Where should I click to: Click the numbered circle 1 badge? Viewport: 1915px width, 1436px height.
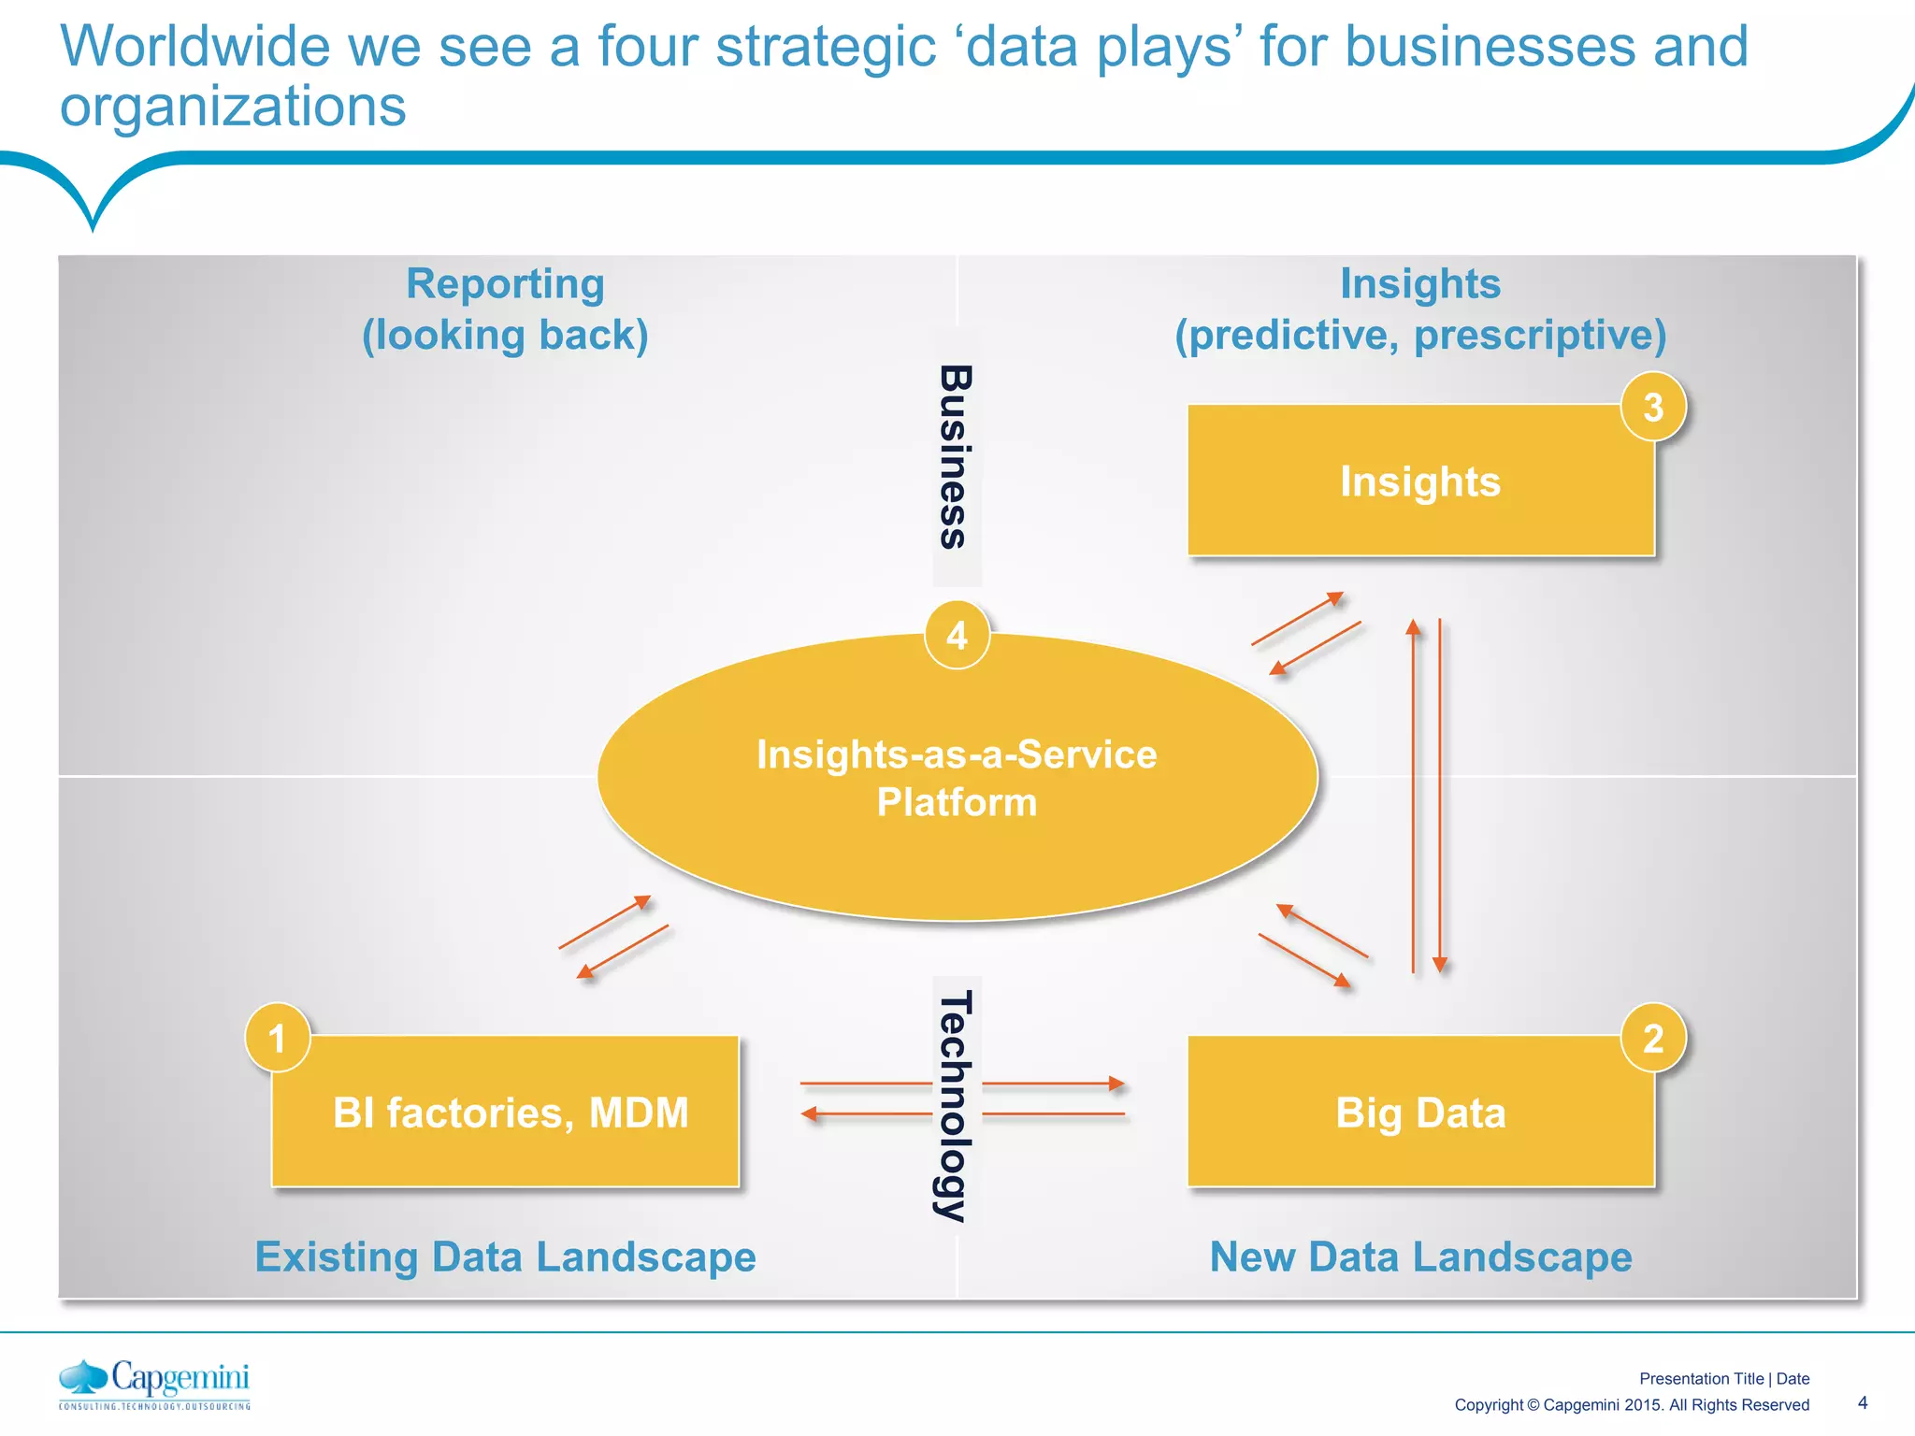[277, 1039]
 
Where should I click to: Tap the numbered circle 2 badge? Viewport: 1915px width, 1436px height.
[1653, 1039]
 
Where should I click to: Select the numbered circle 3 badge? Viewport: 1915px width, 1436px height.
[1653, 407]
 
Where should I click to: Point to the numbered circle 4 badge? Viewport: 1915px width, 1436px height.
[957, 636]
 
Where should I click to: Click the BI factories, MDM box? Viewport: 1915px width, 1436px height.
[510, 1113]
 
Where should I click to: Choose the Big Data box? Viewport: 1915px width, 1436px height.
[1420, 1113]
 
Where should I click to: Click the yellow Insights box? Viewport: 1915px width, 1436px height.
[1420, 481]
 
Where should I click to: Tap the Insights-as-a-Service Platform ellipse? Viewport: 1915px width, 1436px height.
[957, 778]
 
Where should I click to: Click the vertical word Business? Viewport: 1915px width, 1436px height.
[955, 456]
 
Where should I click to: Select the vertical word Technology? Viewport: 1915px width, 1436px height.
[955, 1106]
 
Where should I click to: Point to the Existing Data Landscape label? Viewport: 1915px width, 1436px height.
[505, 1256]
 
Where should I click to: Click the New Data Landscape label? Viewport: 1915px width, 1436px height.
[1420, 1256]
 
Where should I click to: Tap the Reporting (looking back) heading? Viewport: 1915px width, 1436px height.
[505, 309]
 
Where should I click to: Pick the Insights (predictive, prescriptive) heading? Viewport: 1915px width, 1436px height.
[1420, 309]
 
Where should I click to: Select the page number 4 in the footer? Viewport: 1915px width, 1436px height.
[1862, 1402]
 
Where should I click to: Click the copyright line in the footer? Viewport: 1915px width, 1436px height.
[1632, 1404]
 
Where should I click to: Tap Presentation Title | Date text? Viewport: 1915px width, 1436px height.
[1724, 1378]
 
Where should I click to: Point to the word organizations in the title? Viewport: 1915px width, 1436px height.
[233, 106]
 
